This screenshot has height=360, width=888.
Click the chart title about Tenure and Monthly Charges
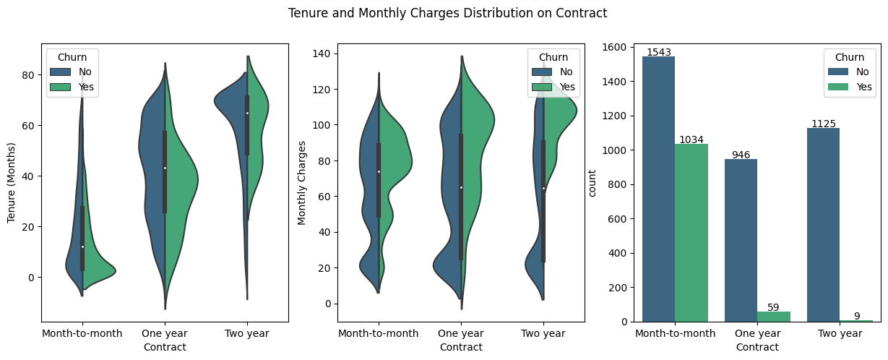tap(447, 13)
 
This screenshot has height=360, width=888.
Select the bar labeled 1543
tap(658, 188)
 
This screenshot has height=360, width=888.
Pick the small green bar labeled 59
tap(774, 317)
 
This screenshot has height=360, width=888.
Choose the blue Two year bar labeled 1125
tap(823, 224)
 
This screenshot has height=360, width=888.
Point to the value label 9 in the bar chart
tap(856, 316)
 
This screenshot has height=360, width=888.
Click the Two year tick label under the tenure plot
tap(247, 333)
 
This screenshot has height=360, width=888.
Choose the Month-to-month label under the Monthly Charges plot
tap(379, 333)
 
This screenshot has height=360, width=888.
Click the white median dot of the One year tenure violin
tap(165, 168)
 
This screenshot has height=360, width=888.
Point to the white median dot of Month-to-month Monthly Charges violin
tap(379, 171)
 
